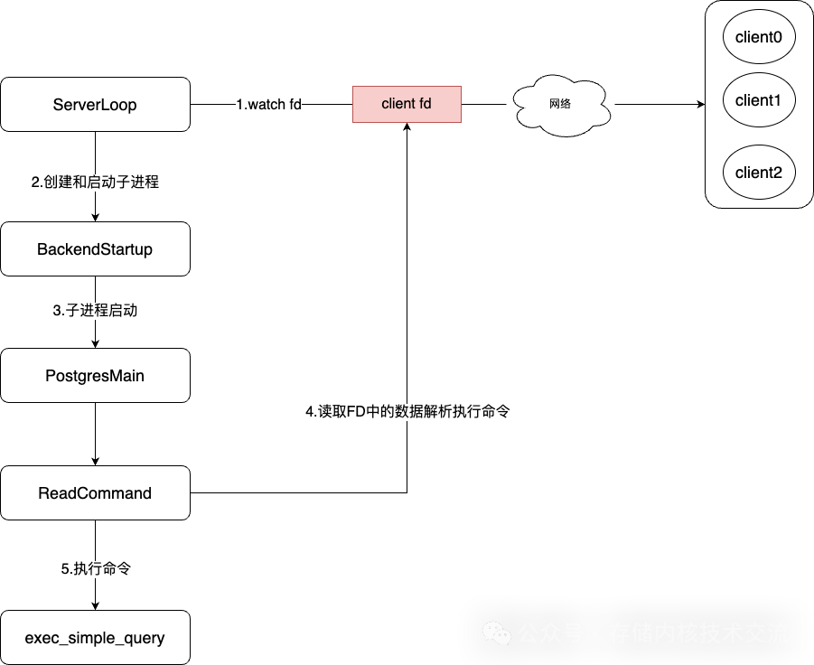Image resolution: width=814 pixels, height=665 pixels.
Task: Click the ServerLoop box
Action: click(95, 105)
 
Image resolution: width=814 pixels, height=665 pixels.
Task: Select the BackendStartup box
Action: click(95, 249)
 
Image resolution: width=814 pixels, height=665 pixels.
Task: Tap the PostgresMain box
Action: click(95, 376)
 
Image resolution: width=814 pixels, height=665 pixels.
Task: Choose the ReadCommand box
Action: click(95, 493)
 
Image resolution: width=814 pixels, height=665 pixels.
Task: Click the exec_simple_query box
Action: click(95, 638)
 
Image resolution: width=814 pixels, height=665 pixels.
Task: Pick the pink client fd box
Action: click(407, 104)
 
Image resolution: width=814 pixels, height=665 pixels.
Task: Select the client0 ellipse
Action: click(759, 37)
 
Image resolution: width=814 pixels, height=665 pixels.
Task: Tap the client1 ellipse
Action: click(759, 100)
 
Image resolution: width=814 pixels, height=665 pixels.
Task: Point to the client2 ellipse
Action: click(759, 173)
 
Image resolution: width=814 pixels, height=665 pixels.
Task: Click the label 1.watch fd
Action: click(268, 105)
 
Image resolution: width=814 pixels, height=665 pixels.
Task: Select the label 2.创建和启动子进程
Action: click(95, 183)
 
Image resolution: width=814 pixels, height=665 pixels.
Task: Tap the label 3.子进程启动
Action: click(95, 311)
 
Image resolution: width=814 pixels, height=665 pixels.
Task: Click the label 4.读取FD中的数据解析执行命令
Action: click(408, 412)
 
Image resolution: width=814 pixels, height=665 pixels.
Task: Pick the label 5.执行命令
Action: click(96, 569)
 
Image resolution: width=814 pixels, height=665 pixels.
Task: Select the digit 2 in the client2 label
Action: click(777, 173)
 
